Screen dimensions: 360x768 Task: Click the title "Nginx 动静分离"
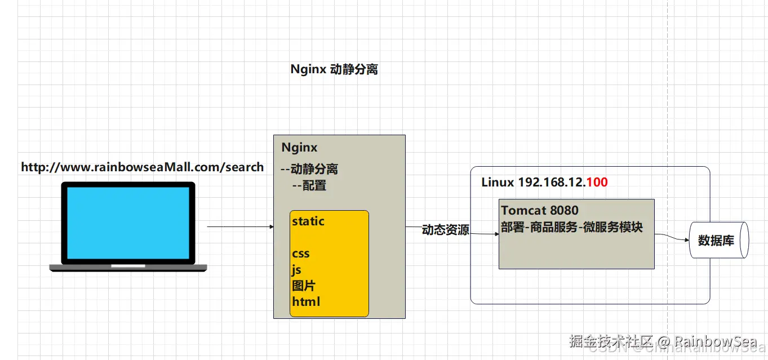point(334,69)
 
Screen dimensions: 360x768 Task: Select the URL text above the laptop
point(142,167)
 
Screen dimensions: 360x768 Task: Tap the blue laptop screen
point(128,223)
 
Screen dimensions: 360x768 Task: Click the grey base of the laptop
point(128,268)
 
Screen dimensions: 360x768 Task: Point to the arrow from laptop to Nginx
point(240,226)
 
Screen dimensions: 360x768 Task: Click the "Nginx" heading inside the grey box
point(299,148)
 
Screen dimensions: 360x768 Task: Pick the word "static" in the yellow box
point(308,221)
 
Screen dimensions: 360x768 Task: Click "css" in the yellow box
point(301,254)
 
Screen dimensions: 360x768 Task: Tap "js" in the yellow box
point(297,270)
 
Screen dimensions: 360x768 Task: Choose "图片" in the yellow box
point(303,286)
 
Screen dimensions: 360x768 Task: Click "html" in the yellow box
point(306,301)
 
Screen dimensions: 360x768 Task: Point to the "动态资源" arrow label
point(445,230)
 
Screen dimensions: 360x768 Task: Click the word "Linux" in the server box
point(498,183)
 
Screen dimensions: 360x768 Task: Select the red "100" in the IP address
point(597,183)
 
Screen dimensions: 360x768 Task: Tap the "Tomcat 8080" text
point(540,211)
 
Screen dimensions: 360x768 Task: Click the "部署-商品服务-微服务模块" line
point(571,227)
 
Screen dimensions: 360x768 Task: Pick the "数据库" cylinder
point(717,241)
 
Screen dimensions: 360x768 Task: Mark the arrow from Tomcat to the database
point(672,237)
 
